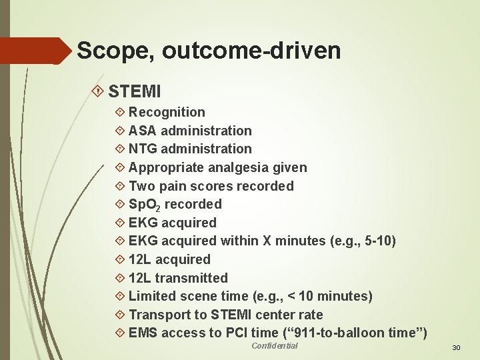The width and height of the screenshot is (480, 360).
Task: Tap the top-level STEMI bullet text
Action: pyautogui.click(x=135, y=89)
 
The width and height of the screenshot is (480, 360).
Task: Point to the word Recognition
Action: pyautogui.click(x=167, y=112)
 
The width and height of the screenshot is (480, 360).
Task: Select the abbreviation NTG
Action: pyautogui.click(x=143, y=149)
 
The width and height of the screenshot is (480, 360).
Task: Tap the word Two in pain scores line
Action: pyautogui.click(x=142, y=186)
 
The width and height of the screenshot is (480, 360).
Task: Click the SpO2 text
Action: pyautogui.click(x=145, y=205)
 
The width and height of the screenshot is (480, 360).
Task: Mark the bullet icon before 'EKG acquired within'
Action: pyautogui.click(x=120, y=241)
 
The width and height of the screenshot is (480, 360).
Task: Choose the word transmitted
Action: pyautogui.click(x=191, y=278)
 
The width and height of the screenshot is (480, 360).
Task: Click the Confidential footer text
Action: pyautogui.click(x=275, y=345)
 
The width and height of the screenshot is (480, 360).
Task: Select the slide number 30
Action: pyautogui.click(x=456, y=348)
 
